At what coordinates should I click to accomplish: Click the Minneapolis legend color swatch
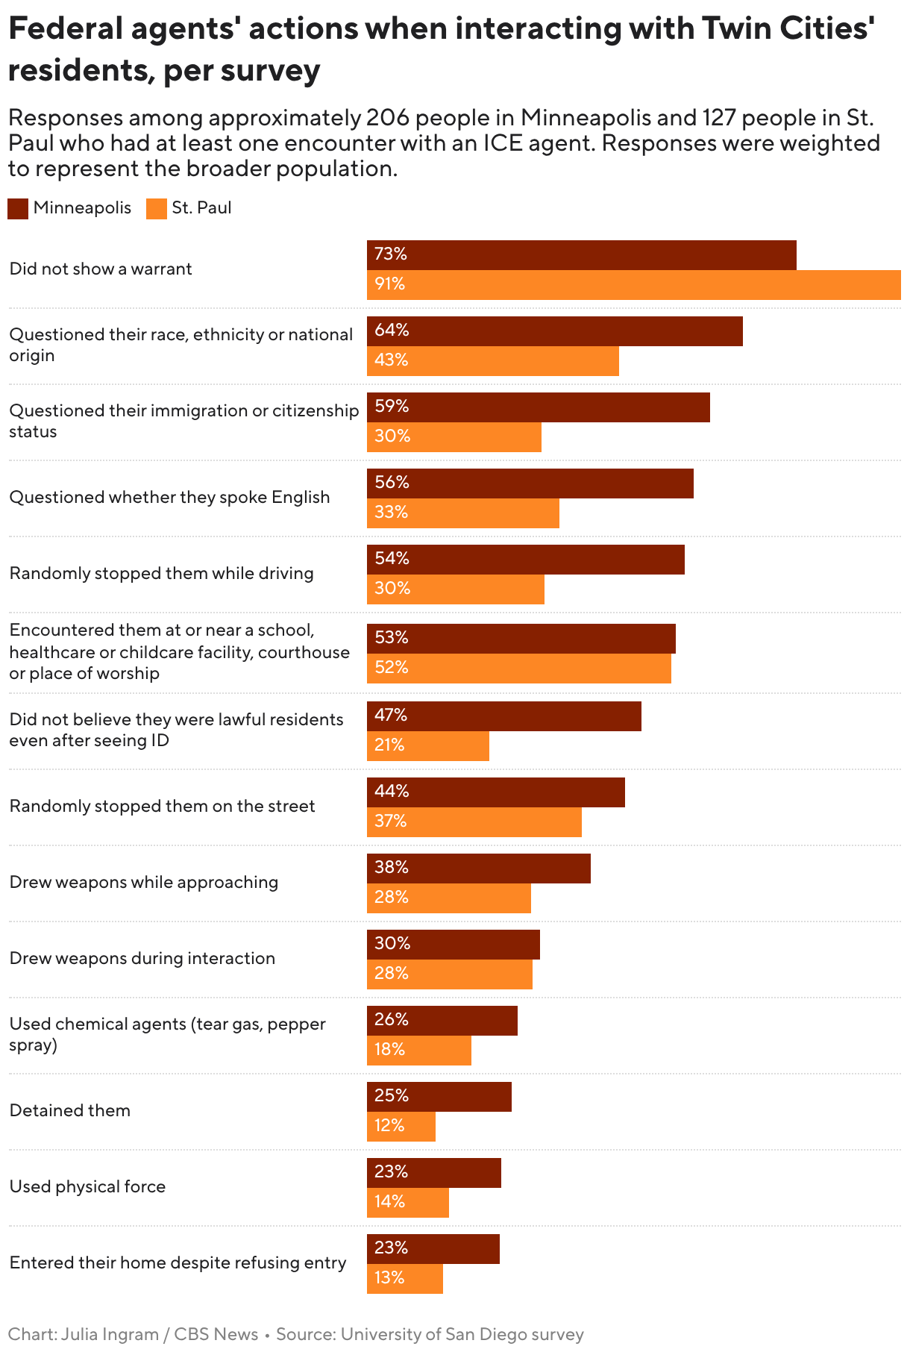18,208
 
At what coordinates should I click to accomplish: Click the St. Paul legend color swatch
157,208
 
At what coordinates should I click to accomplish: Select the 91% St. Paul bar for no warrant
633,285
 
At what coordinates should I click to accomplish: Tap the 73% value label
391,254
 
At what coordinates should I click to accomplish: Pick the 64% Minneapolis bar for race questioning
554,331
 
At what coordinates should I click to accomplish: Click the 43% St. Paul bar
492,361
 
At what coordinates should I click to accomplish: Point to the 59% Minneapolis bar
538,407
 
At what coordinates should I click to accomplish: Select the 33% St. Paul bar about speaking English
462,513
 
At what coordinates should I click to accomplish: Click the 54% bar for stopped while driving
525,560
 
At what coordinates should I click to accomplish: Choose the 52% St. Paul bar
518,669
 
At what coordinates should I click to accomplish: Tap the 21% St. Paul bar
427,746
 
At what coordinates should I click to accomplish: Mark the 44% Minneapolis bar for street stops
495,792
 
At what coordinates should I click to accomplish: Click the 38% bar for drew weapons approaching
478,869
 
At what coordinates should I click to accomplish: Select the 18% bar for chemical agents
418,1051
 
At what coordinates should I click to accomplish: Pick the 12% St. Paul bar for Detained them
401,1127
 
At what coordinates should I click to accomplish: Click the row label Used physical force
87,1186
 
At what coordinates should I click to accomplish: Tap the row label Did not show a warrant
101,269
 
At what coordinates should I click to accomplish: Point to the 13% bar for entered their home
404,1279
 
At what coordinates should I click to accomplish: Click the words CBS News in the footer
216,1334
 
